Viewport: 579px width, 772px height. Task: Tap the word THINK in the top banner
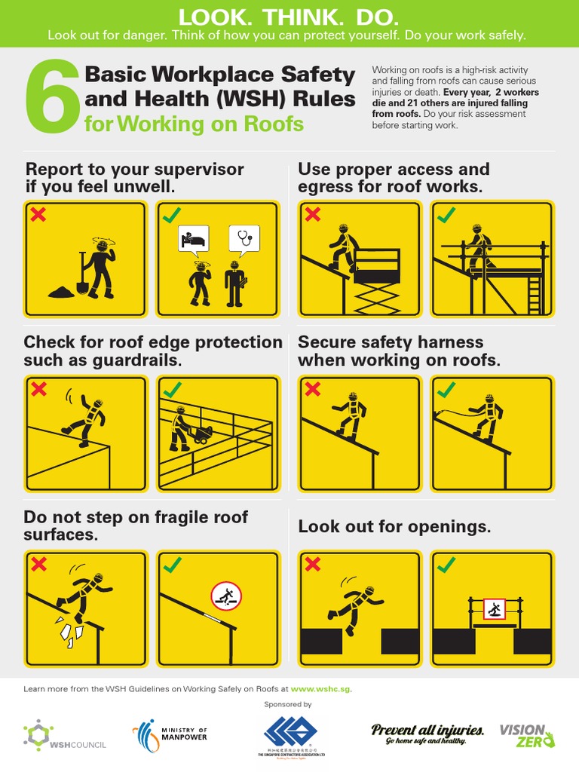pos(289,17)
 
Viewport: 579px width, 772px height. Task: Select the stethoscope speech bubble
pos(244,238)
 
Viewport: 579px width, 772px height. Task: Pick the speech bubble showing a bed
pos(192,239)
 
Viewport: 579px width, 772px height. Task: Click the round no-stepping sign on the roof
pos(225,596)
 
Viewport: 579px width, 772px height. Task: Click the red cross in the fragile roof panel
pos(38,564)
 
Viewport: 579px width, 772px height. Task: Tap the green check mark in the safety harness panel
pos(446,389)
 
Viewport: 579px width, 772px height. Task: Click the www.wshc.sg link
pos(320,688)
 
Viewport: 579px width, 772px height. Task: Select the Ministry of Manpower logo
pos(170,734)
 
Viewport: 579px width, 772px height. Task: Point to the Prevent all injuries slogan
pos(427,734)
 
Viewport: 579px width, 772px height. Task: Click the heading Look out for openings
pos(394,527)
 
